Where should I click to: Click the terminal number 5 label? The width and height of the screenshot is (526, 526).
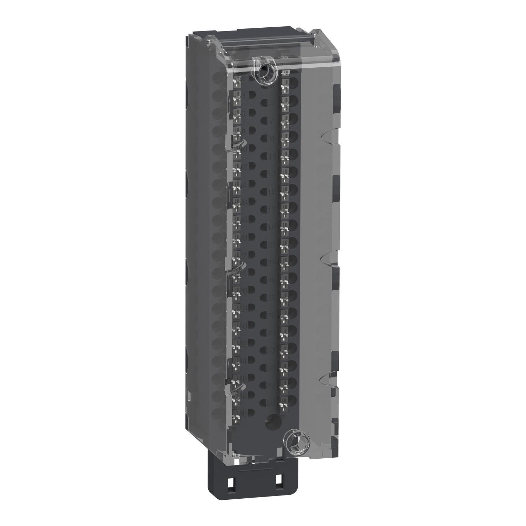coord(271,103)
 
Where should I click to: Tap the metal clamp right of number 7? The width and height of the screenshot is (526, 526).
coord(284,120)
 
